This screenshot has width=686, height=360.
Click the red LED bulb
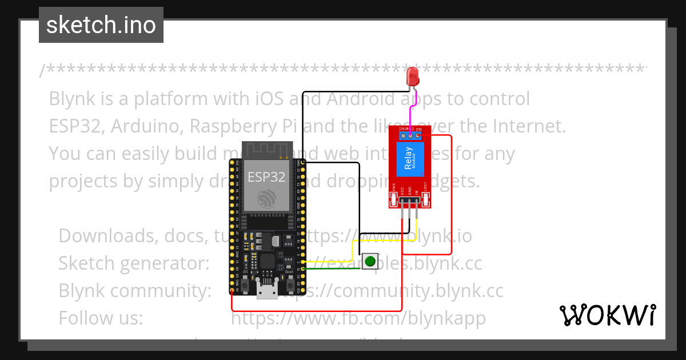(x=412, y=77)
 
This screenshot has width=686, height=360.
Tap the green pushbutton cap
(x=370, y=262)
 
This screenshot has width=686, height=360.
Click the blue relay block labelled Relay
(x=409, y=159)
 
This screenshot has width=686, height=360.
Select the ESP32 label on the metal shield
(x=266, y=177)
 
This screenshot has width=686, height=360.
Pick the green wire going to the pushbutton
(x=332, y=268)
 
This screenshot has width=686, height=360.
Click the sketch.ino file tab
(x=101, y=25)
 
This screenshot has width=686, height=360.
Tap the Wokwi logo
(x=607, y=315)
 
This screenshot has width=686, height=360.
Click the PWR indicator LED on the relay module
(x=393, y=199)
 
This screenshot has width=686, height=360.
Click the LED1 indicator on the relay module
(x=426, y=199)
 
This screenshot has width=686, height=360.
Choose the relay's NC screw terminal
(x=404, y=136)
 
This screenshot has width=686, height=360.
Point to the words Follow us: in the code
(x=101, y=318)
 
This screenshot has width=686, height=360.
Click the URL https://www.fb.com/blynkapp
(x=358, y=318)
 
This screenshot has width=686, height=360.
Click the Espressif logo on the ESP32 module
(x=266, y=199)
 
